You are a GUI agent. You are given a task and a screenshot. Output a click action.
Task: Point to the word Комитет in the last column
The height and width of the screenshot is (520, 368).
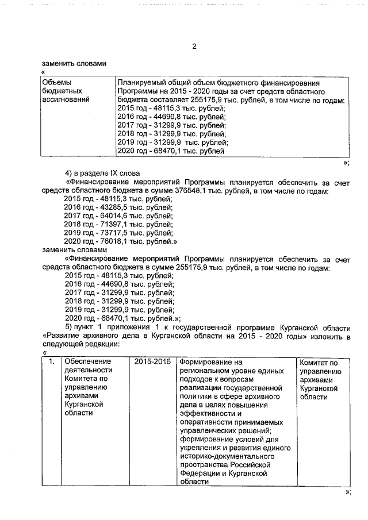pos(315,362)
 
